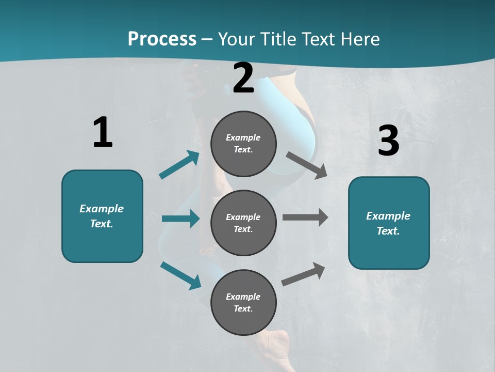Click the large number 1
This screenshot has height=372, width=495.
[x=103, y=133]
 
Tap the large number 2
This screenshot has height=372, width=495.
[x=243, y=78]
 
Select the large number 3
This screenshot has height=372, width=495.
[x=388, y=141]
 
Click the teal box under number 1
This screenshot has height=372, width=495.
[x=102, y=216]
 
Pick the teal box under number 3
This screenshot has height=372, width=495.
[x=389, y=223]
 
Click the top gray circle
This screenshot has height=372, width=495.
[x=243, y=144]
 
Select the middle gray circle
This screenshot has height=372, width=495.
[x=243, y=223]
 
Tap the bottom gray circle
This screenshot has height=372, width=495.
[x=243, y=302]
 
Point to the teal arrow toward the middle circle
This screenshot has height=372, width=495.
[x=180, y=219]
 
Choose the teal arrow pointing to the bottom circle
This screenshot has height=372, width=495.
[x=181, y=275]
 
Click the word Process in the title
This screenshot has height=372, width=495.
[x=162, y=39]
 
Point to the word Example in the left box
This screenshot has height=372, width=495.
[x=102, y=209]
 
